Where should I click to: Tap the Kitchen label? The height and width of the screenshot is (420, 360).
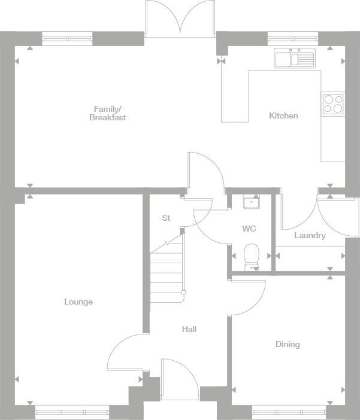[283, 115]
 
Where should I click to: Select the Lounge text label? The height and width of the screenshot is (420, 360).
[78, 302]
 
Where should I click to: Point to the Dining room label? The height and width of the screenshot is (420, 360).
[288, 344]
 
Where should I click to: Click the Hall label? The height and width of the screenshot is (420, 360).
[189, 329]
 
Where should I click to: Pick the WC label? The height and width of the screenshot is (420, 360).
[249, 229]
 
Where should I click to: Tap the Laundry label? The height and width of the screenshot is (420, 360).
[310, 236]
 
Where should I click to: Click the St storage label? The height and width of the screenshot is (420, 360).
[166, 218]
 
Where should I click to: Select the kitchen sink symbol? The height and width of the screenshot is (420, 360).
[294, 59]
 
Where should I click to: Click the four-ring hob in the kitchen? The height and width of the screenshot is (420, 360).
[333, 104]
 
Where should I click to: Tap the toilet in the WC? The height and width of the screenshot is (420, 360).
[252, 256]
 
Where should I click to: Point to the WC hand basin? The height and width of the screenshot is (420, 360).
[251, 202]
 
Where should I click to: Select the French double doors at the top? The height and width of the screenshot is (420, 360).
[180, 18]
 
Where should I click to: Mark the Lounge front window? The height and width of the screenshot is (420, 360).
[72, 412]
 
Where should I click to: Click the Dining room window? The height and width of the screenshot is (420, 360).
[288, 412]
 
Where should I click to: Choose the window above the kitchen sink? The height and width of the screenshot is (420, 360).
[293, 39]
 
